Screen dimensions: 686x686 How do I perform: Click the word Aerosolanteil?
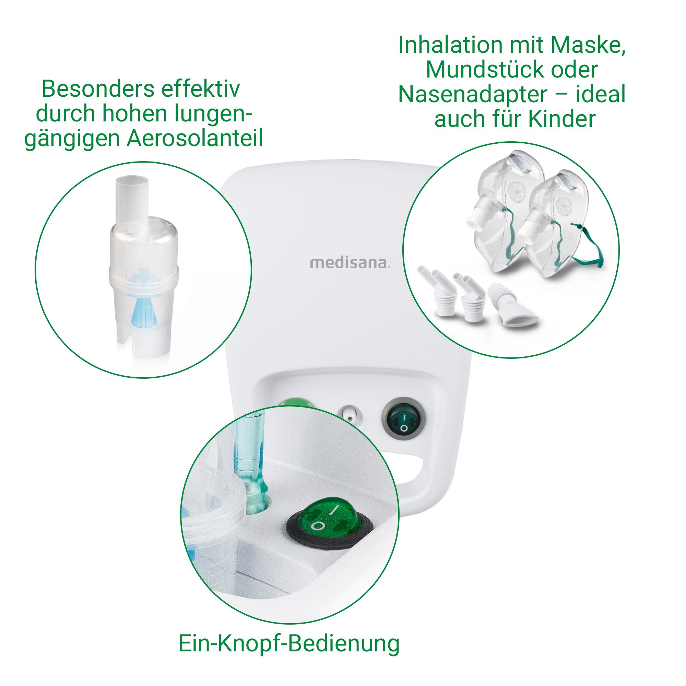click(194, 139)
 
